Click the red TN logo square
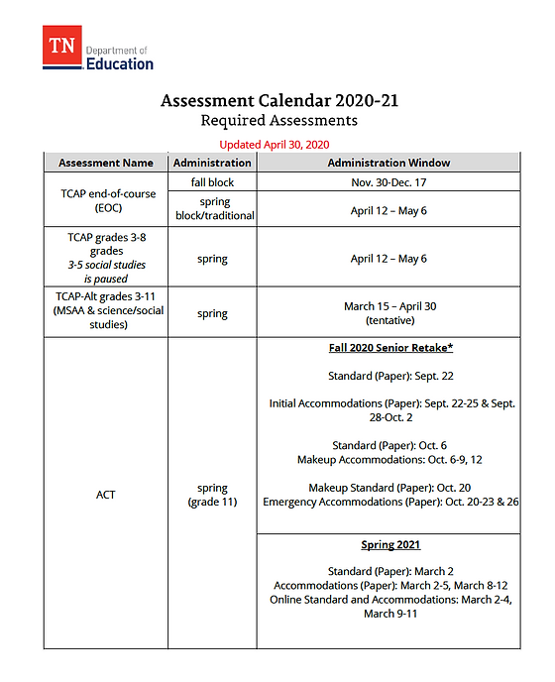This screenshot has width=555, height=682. [x=60, y=47]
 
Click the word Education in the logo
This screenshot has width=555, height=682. [x=120, y=63]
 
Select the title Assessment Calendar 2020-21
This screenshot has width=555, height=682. [x=279, y=101]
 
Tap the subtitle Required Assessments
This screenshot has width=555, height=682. [x=278, y=121]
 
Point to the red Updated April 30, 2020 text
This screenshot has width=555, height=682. [x=274, y=145]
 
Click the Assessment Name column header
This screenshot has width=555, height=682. [x=106, y=163]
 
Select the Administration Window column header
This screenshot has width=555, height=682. [x=388, y=163]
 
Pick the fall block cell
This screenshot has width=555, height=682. [x=212, y=182]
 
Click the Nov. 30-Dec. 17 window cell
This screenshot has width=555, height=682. [x=388, y=182]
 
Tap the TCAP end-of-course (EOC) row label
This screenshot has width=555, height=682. [x=106, y=201]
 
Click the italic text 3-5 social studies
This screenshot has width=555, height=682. [x=106, y=265]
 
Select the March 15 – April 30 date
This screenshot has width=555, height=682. [x=388, y=306]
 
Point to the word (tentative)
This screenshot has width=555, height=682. [x=388, y=320]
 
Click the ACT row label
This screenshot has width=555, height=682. [x=106, y=494]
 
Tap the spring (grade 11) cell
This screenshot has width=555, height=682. [x=212, y=495]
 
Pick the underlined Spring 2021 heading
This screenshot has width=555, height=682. [x=388, y=545]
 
